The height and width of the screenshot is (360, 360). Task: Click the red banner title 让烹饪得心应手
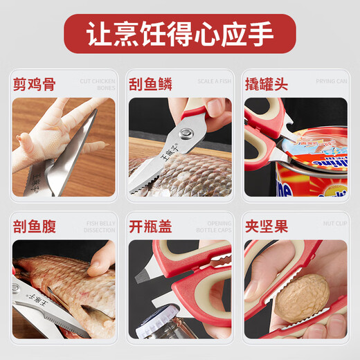(179, 34)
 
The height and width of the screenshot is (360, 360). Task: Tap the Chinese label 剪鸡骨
(35, 85)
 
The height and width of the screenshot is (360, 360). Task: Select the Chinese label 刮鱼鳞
(150, 85)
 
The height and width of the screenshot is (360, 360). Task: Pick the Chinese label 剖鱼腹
(35, 226)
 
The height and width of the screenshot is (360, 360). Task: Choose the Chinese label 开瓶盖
(150, 226)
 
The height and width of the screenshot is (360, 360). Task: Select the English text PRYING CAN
(332, 82)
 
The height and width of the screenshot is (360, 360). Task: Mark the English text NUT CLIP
(334, 223)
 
